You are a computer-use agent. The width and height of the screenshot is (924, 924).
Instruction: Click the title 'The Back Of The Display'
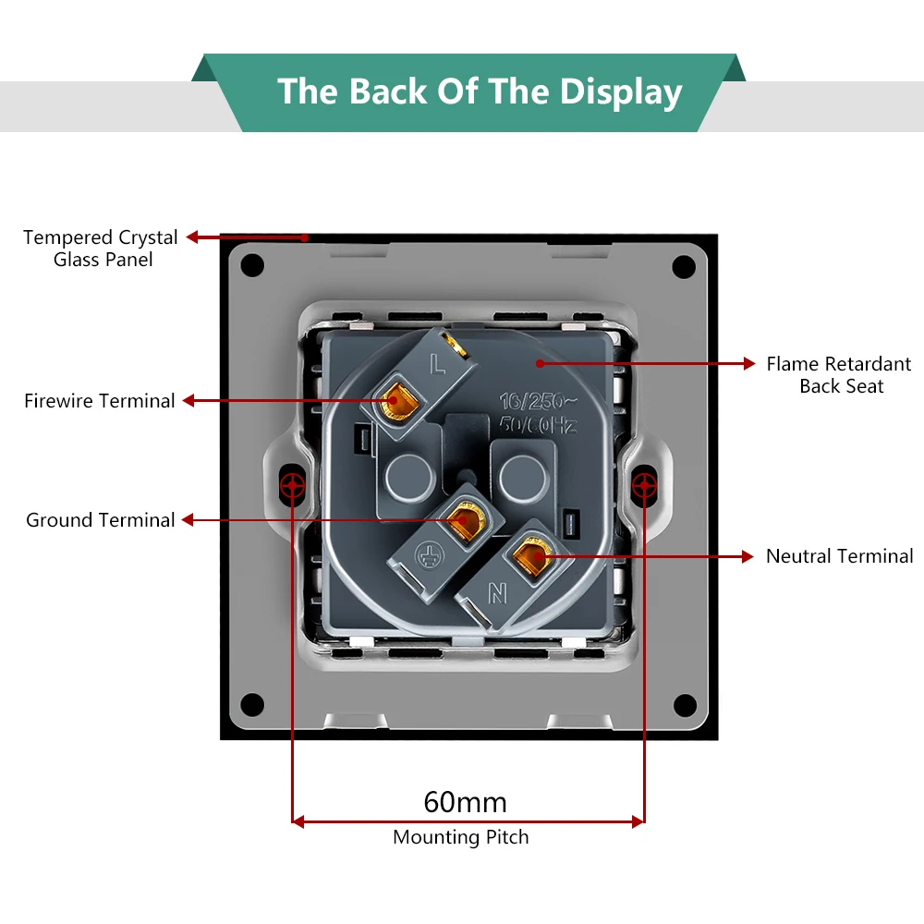[480, 92]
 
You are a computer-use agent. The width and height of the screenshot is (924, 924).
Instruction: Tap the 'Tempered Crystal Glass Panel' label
[101, 249]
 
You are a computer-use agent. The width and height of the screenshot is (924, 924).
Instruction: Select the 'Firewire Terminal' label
[100, 401]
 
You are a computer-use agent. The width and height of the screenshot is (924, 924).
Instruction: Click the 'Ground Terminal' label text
[101, 520]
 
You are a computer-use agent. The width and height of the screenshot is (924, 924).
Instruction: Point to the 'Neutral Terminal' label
[839, 556]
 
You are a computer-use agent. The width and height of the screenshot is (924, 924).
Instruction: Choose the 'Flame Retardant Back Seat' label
[839, 375]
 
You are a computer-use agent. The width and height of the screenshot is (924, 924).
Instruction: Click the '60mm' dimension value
[466, 801]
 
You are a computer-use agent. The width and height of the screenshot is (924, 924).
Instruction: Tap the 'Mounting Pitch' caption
[461, 838]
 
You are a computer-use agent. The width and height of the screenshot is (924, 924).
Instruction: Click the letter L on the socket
[435, 368]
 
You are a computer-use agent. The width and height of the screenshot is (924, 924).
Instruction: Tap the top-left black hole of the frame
[252, 266]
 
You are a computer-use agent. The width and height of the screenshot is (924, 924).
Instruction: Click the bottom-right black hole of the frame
[684, 706]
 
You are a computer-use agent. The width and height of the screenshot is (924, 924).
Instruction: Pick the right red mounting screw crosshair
[643, 484]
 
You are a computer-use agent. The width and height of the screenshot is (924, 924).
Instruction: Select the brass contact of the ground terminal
[462, 519]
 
